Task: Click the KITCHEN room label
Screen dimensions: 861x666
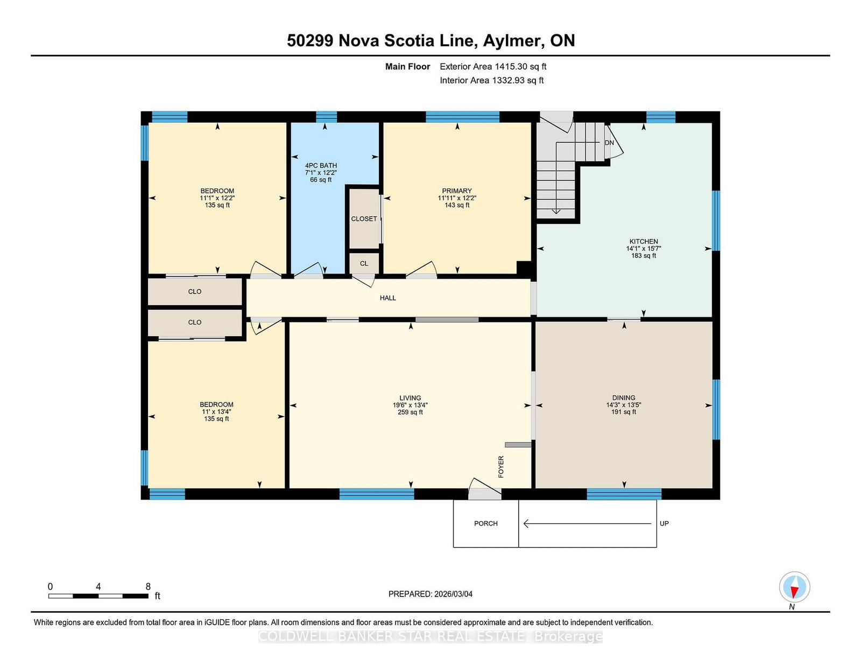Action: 644,241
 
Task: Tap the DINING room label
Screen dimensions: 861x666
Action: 624,398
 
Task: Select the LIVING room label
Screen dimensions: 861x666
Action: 410,398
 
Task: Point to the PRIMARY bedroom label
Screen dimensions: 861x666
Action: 457,191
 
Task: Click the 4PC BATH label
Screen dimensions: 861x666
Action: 321,166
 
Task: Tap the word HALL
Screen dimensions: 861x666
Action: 388,298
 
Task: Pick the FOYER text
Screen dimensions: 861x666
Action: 501,467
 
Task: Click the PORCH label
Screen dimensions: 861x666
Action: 486,523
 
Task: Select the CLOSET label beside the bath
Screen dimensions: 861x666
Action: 364,219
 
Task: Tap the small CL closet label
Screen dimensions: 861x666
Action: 364,263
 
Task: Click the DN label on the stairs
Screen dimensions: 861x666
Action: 609,143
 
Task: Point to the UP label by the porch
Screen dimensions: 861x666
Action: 664,523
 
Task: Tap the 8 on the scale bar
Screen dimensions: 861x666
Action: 148,586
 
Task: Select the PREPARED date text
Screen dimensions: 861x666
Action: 430,594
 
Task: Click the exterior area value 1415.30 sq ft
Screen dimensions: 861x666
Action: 520,67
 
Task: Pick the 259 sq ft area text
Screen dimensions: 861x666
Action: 410,412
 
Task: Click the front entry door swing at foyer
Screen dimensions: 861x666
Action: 485,488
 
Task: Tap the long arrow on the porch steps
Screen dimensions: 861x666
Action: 587,524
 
